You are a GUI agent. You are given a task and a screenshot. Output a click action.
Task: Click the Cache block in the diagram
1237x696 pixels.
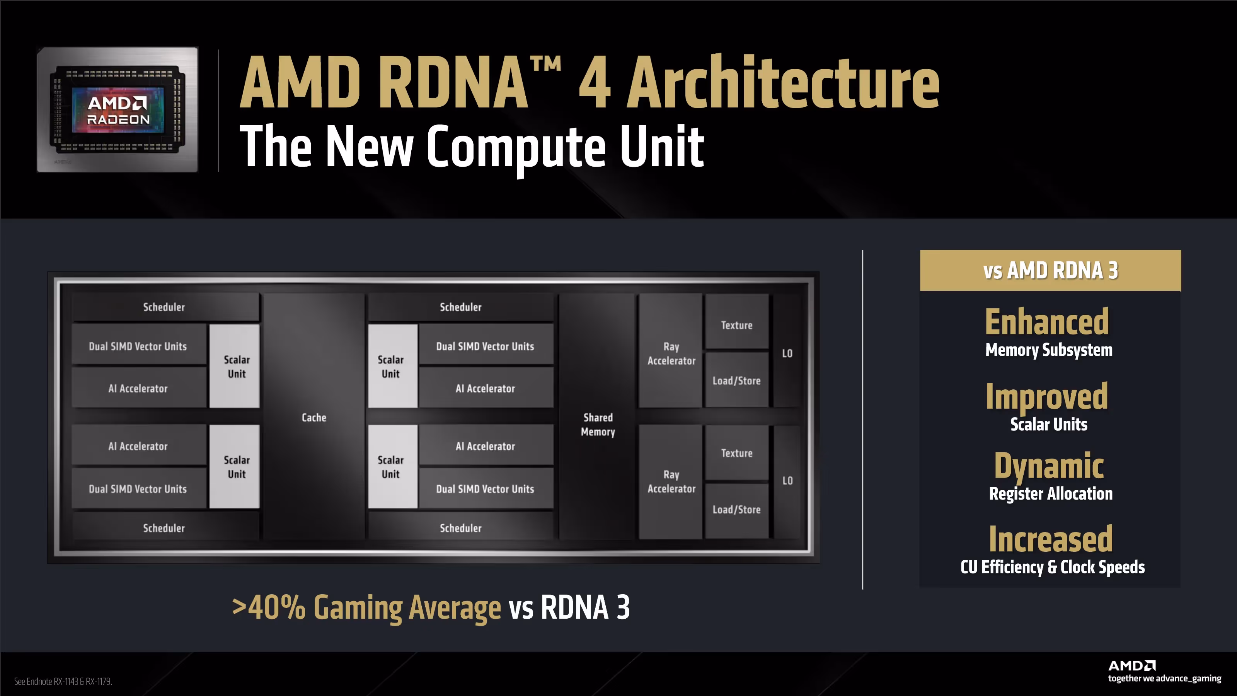coord(314,417)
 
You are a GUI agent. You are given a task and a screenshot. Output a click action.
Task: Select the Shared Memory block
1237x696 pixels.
coord(598,424)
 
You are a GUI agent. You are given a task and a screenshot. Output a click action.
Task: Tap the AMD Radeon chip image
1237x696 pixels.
coord(118,109)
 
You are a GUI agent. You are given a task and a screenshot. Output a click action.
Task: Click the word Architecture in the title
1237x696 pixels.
coord(783,83)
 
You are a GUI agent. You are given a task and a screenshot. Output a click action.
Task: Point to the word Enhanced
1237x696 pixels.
coord(1047,322)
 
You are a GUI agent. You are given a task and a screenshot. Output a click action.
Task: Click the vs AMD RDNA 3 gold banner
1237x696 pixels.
coord(1050,270)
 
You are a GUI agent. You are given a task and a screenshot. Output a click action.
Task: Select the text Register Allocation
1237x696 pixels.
coord(1050,494)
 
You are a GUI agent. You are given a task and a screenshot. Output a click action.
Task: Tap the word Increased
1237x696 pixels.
coord(1050,539)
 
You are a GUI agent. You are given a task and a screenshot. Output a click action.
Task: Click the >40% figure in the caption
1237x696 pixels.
coord(269,607)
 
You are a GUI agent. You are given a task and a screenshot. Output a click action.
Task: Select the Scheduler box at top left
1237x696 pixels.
coord(164,307)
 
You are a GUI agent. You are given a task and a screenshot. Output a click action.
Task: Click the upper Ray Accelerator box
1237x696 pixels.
coord(671,353)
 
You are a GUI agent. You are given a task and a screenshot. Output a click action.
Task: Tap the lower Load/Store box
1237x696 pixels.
coord(736,509)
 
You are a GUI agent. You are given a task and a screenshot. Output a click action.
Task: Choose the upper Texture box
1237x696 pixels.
coord(736,325)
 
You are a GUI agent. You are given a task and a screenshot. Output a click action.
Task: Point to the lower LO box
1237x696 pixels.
coord(787,480)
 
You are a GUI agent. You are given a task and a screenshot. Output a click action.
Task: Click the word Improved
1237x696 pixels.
coord(1047,397)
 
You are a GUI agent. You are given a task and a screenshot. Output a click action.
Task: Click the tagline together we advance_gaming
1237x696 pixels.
coord(1164,678)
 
